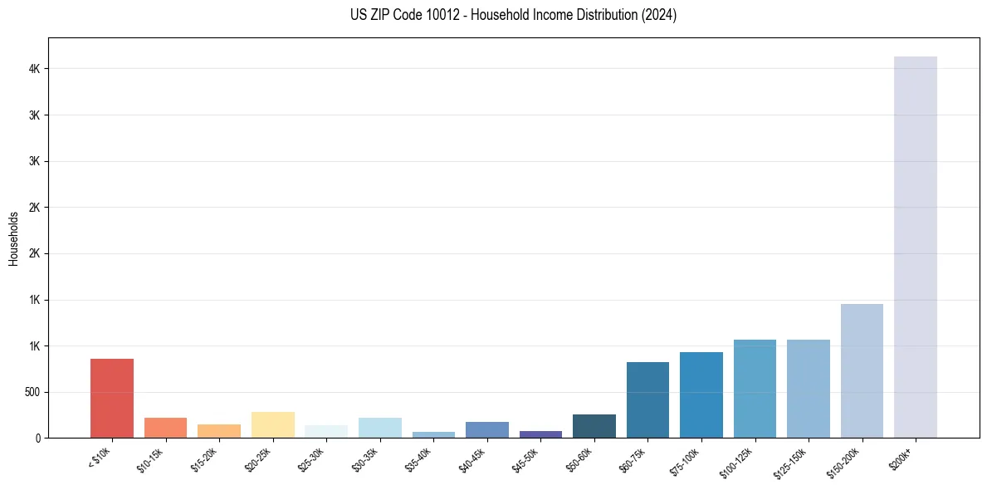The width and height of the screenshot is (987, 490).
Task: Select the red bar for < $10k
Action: coord(112,398)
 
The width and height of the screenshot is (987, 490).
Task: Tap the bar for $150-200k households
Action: coord(862,370)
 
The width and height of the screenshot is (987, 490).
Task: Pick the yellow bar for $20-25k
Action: coord(273,424)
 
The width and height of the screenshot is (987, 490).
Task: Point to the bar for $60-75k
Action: coord(647,399)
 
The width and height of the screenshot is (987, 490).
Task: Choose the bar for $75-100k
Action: coord(701,394)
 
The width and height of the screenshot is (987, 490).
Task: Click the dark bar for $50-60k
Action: coord(594,426)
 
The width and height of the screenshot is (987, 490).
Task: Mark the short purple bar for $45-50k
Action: coord(540,434)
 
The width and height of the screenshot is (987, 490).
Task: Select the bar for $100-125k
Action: coord(755,389)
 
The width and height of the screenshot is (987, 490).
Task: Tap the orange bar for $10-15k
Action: coord(165,428)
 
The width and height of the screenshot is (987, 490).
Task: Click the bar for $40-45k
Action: coord(487,429)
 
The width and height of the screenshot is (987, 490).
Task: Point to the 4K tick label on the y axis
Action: coord(34,69)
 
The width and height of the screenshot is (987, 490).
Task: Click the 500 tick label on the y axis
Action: coord(32,392)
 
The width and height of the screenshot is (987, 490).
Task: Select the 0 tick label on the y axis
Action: coord(37,438)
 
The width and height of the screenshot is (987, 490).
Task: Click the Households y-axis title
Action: coord(14,238)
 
